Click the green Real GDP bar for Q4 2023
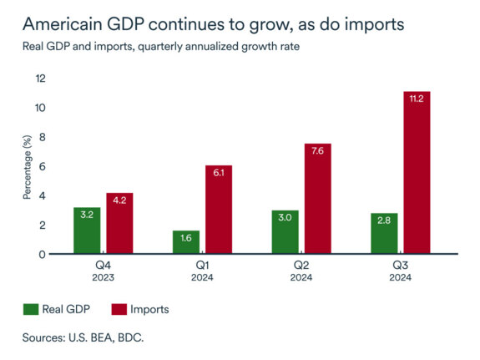pos(87,231)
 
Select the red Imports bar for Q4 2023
pos(119,223)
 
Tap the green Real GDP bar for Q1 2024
pos(186,242)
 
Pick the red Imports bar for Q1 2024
pos(218,210)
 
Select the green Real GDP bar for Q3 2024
pos(383,233)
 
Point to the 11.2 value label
pos(416,99)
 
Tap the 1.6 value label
pos(186,237)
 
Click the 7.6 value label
pos(317,151)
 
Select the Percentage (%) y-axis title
pos(28,166)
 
